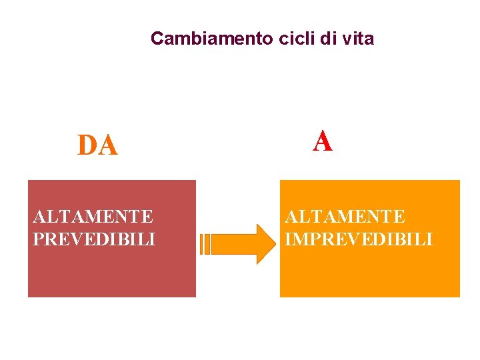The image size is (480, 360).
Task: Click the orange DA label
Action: (97, 145)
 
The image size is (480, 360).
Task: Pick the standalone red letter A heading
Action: (323, 141)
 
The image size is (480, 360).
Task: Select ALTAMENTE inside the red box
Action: (93, 217)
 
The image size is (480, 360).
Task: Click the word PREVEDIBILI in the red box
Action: (94, 238)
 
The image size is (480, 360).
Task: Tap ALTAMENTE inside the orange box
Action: (345, 217)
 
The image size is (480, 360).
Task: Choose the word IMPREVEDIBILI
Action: (359, 238)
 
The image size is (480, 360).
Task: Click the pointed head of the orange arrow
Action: (265, 244)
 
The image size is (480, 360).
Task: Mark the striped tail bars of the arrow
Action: (206, 244)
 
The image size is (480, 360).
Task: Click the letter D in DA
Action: (87, 145)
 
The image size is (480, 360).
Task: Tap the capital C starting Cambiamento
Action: (157, 38)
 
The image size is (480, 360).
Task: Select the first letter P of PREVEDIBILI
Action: (38, 238)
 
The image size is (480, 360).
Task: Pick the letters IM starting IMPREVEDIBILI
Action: (295, 238)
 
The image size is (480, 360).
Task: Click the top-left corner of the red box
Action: (29, 181)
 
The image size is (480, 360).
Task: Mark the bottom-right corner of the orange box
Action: (459, 295)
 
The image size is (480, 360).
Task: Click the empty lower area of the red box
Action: (111, 273)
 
